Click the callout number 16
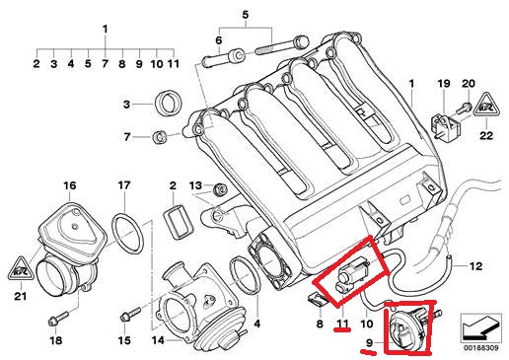point(70,185)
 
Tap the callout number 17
point(124,185)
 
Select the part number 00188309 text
point(481,348)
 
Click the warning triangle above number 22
point(486,105)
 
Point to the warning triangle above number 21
point(21,269)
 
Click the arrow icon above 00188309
point(480,327)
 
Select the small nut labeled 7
point(161,136)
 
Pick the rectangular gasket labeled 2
point(178,221)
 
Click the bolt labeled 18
point(58,319)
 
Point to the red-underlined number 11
point(342,324)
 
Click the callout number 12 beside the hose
point(475,265)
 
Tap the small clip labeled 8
point(318,300)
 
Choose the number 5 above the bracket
point(246,15)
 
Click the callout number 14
point(158,340)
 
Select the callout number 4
point(257,324)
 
